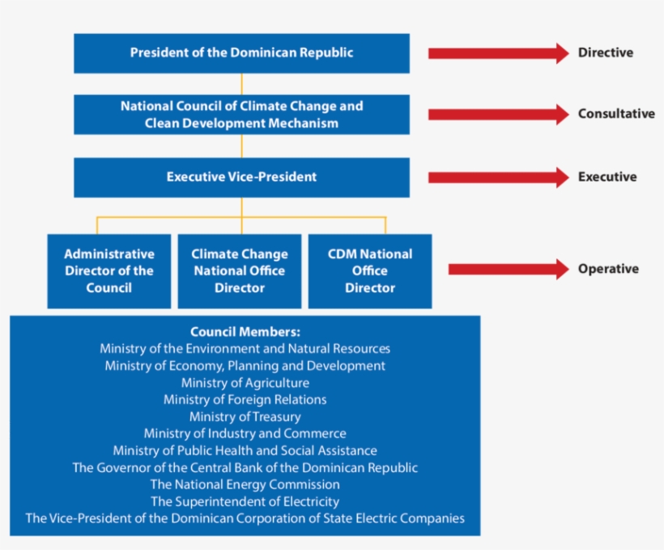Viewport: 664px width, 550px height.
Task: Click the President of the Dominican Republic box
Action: pos(241,53)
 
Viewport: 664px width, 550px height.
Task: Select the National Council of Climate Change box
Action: pos(241,114)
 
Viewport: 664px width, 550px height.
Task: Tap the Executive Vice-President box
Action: pos(241,177)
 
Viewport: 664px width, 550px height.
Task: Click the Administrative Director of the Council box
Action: pos(109,271)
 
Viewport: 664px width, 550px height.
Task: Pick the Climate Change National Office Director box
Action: pos(240,271)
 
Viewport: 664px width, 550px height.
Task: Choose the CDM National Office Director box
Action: pos(369,271)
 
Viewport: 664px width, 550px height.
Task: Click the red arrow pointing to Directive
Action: pos(497,53)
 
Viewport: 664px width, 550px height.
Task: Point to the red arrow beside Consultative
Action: pos(497,114)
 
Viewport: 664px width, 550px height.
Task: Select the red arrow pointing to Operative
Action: pos(508,269)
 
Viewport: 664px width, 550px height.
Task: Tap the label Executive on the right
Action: pos(607,177)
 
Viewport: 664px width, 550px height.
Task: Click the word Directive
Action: pos(605,53)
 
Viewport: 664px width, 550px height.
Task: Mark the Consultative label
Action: pos(615,114)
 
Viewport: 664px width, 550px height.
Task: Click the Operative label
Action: pos(607,269)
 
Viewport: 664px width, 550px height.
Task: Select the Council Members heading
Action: pos(245,331)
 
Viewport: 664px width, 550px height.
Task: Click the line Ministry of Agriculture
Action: pos(245,382)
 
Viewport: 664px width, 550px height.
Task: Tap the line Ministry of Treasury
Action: pos(245,416)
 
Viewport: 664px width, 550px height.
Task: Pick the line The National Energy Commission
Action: pos(245,484)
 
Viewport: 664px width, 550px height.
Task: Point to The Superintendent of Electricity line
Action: pos(245,501)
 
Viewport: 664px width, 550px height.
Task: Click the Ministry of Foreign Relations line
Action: pos(245,399)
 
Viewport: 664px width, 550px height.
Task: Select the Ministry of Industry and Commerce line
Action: pos(245,433)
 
